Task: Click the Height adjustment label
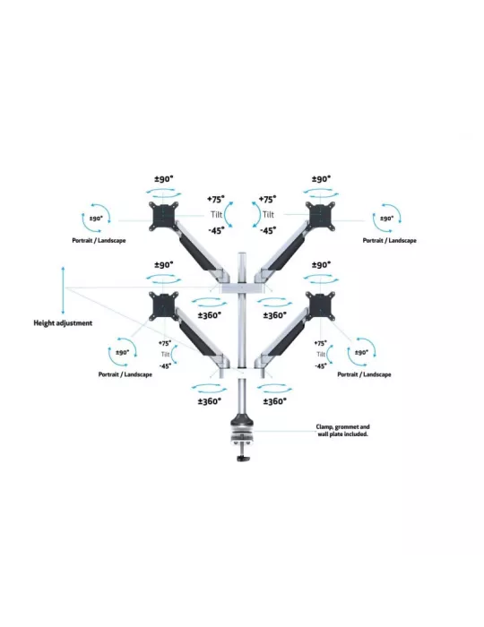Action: point(63,323)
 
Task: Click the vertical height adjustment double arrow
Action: point(63,290)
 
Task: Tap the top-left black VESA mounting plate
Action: point(163,216)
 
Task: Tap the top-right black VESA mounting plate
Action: point(320,216)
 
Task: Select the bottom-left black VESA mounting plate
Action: point(163,306)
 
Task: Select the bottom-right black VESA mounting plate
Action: point(320,306)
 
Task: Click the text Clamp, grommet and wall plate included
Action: point(342,430)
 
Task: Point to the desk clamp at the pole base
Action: point(242,440)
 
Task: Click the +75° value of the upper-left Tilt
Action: point(216,199)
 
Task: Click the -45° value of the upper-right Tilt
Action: point(268,231)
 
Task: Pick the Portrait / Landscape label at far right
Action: point(390,240)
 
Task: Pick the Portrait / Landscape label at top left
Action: point(99,240)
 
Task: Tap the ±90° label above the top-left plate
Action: point(164,179)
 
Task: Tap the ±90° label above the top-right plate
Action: point(321,179)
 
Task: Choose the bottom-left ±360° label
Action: point(209,401)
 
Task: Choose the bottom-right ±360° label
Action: point(275,401)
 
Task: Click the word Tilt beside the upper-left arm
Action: point(216,215)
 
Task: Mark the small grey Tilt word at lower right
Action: point(321,355)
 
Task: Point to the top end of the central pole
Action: point(242,253)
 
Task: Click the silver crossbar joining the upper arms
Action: point(242,288)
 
